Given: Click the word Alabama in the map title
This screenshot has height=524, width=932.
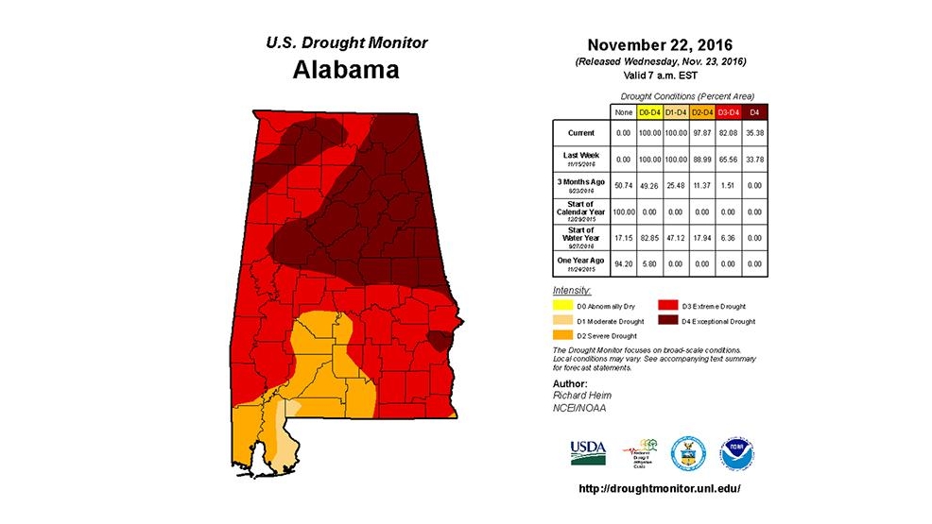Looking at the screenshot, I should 345,70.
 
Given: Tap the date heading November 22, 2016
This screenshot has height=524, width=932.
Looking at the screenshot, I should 659,45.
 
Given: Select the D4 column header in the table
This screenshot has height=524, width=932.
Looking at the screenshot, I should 753,113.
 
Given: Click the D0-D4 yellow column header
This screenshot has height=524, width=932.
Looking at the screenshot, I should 648,113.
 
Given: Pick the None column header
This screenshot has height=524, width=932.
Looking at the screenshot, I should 622,113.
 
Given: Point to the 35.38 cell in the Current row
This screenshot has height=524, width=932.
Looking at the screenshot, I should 753,133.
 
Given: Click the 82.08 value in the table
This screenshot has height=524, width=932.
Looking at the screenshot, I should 727,133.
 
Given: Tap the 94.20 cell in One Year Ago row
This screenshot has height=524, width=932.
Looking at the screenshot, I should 622,263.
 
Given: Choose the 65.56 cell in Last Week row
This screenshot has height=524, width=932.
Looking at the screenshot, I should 727,160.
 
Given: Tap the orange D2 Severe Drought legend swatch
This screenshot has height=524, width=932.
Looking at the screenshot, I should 561,335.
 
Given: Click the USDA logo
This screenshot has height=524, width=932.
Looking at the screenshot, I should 588,451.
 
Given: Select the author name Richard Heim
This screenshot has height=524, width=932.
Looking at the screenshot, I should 578,396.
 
